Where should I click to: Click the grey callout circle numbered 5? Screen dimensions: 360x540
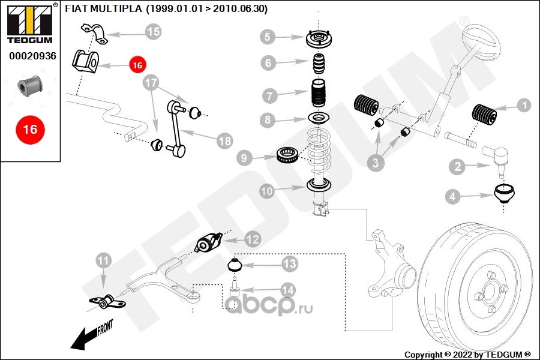click(268, 38)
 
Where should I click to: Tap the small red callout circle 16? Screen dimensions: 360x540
click(137, 64)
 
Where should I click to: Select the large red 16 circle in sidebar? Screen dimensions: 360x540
click(29, 129)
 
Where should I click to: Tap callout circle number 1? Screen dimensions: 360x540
click(523, 106)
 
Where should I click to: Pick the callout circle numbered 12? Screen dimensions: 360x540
click(252, 239)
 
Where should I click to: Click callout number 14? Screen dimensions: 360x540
click(287, 290)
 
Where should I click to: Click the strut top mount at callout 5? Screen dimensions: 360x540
click(319, 40)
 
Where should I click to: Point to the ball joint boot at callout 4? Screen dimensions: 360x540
click(505, 194)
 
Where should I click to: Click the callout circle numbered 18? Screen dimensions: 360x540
click(224, 141)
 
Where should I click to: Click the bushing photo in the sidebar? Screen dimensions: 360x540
click(30, 86)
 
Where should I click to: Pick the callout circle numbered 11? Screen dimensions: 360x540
click(104, 261)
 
